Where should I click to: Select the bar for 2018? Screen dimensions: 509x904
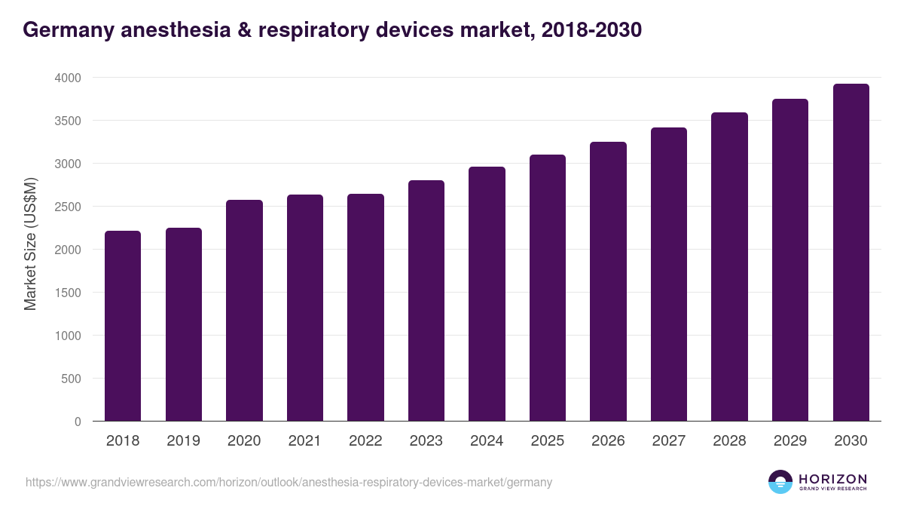(x=123, y=326)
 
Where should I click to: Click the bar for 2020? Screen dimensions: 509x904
(x=244, y=310)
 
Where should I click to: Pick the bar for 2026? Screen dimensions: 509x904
(x=608, y=281)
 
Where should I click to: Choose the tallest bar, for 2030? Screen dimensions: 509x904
(x=851, y=253)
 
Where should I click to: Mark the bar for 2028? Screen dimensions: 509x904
(x=729, y=267)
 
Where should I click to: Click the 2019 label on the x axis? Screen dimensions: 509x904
(x=183, y=441)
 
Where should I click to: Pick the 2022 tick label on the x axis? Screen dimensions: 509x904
(x=365, y=441)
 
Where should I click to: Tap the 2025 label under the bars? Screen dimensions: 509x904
(x=547, y=441)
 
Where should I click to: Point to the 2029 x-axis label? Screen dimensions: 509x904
(x=790, y=441)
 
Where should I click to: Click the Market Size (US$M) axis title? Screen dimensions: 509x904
(x=30, y=244)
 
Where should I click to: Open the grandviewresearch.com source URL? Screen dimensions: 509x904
(x=289, y=483)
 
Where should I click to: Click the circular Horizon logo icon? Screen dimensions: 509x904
(x=780, y=482)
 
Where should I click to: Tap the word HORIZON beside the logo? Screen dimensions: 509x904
(x=832, y=479)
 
